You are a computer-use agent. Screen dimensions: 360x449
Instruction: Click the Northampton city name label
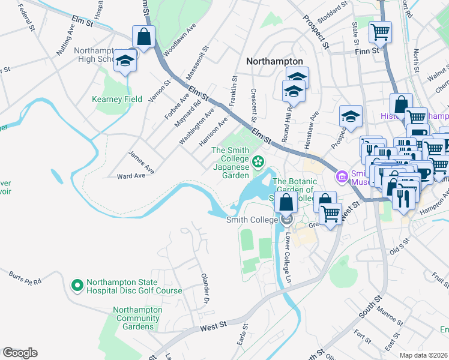[274, 62]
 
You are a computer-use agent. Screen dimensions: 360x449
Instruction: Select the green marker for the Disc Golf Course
[76, 286]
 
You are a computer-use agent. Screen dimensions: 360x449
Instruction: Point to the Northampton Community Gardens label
[137, 318]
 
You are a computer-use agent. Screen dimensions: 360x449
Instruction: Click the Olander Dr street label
[205, 289]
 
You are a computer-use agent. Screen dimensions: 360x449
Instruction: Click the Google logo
[20, 353]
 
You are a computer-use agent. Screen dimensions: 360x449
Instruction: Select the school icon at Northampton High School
[125, 61]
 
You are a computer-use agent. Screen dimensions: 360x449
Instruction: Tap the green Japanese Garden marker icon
[258, 160]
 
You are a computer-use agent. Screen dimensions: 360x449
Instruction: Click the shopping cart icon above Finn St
[379, 31]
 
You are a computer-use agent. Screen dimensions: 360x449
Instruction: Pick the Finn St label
[368, 51]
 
